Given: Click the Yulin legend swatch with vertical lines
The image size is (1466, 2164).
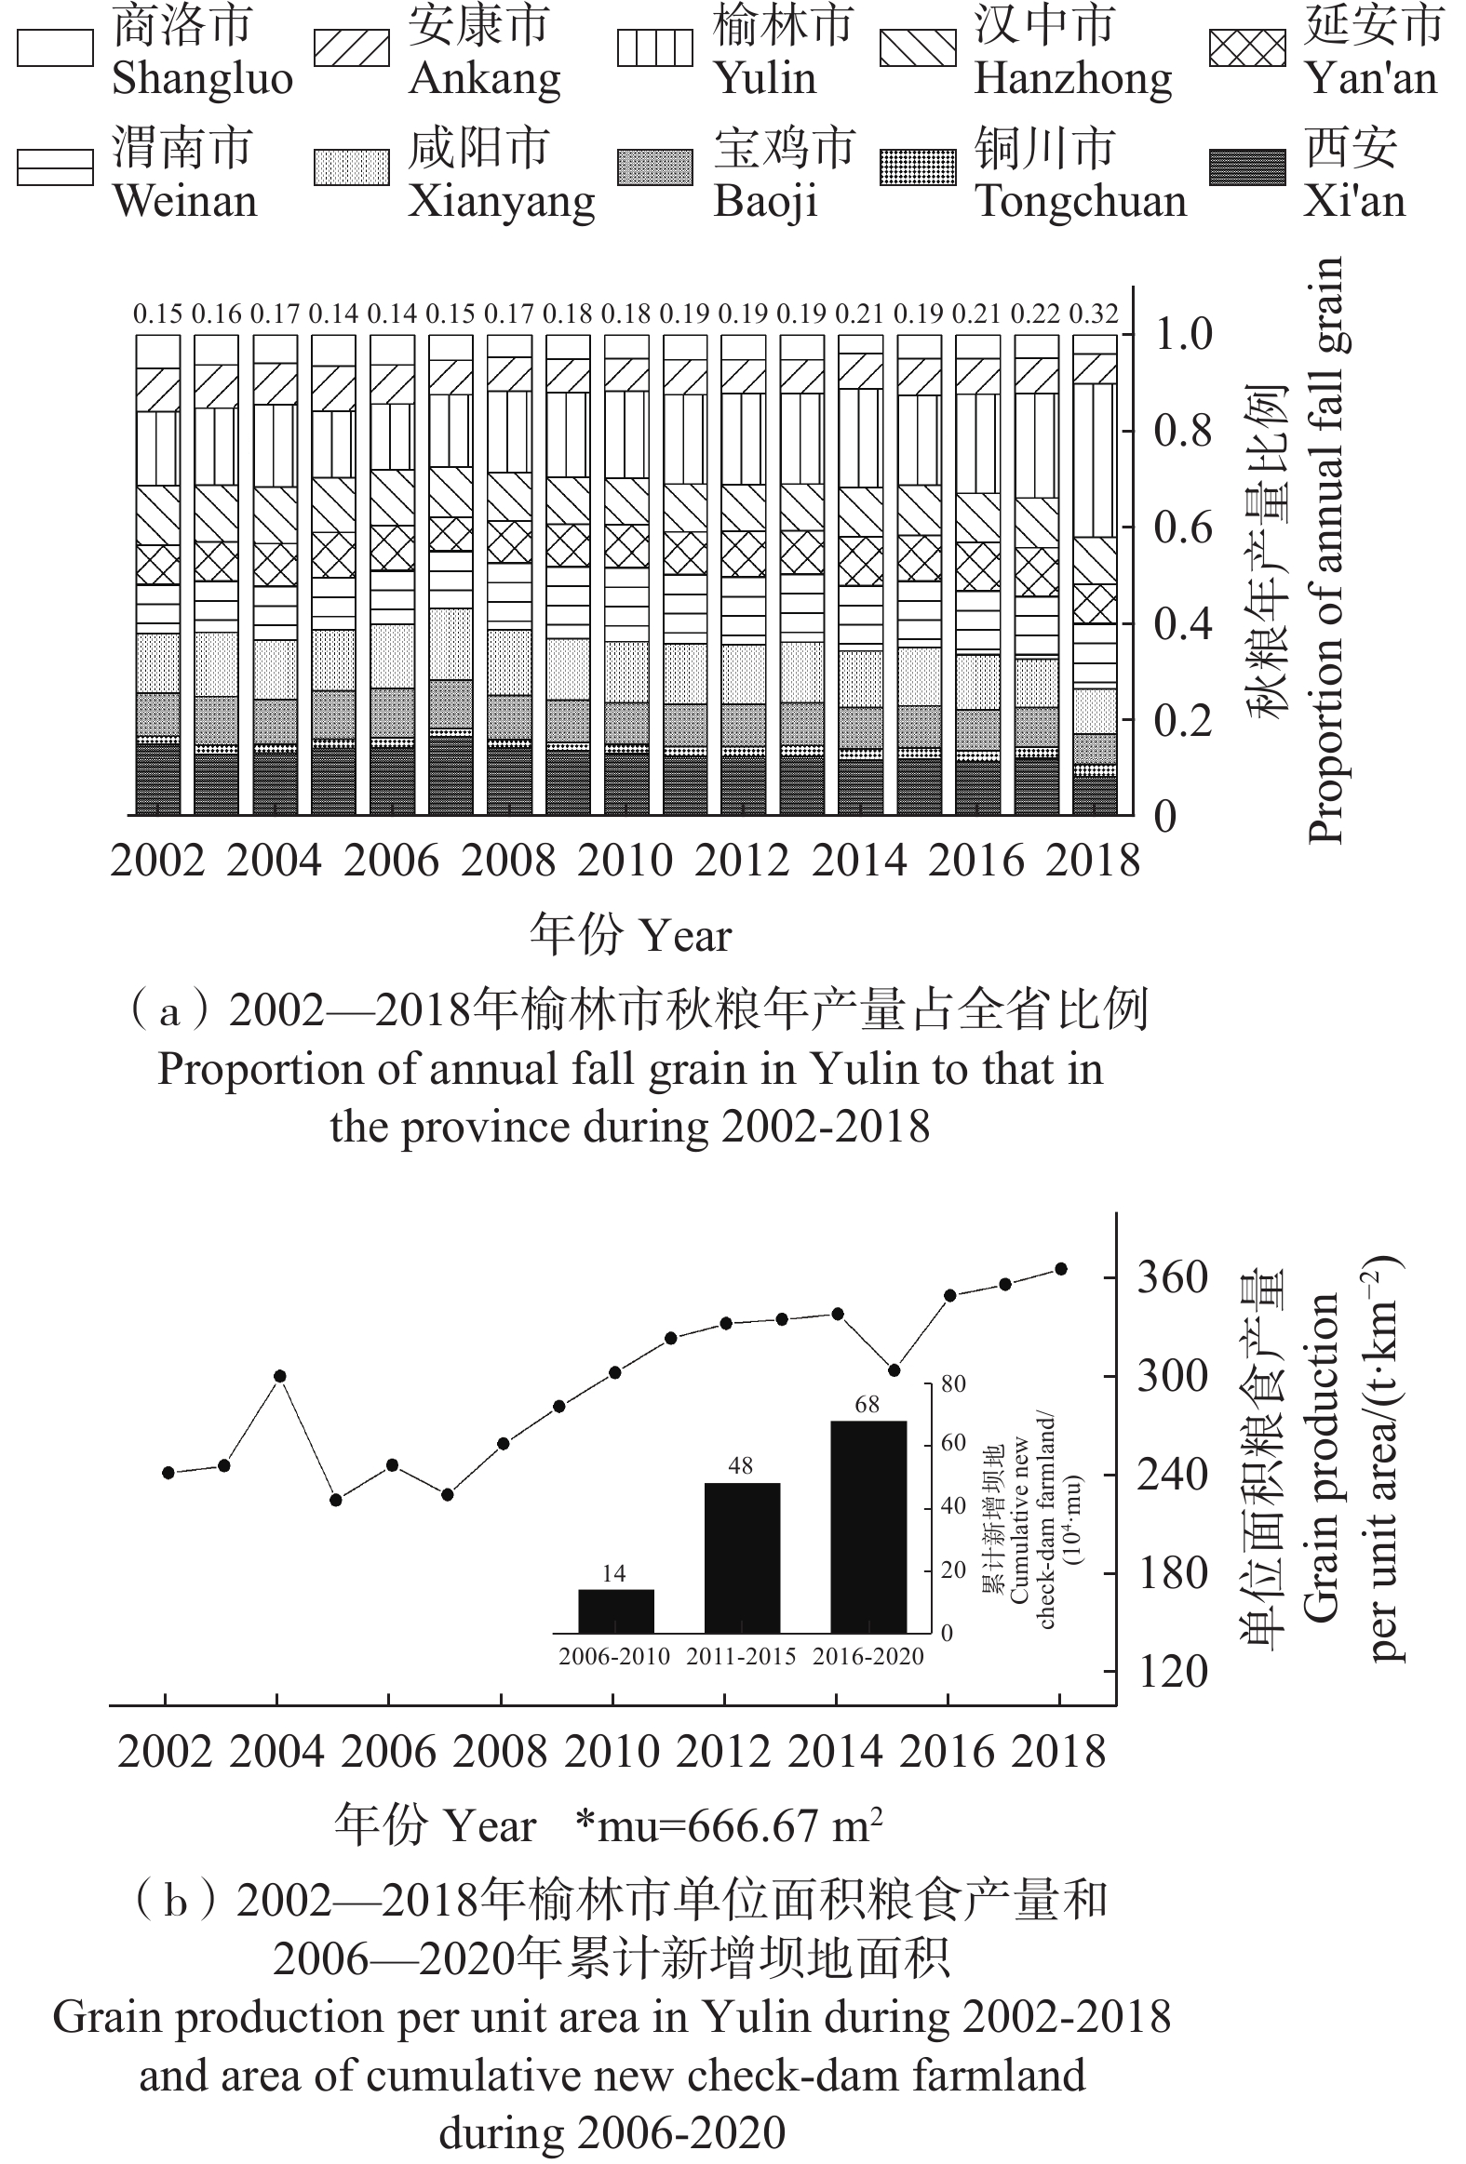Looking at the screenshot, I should tap(654, 48).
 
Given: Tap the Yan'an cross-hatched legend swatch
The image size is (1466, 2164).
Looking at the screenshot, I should tap(1247, 48).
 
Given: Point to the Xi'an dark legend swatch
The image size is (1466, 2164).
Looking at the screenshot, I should tap(1247, 167).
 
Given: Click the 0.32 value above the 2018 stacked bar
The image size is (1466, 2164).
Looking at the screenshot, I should tap(1094, 314).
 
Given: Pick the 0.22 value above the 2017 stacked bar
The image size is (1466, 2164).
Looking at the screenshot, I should tap(1035, 314).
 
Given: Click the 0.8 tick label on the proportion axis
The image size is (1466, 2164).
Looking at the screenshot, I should tap(1183, 431).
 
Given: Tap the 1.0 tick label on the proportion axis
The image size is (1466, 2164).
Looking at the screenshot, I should tap(1183, 334).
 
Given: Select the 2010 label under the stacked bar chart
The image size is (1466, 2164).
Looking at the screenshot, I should tap(625, 861).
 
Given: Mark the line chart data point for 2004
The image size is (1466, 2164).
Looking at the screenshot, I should tap(279, 1376).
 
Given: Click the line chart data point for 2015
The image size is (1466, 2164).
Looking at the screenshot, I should tap(894, 1370).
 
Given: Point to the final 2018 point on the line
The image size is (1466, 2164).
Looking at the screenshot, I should tap(1061, 1269).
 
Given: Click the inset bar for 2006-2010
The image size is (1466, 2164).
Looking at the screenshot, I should tap(615, 1610).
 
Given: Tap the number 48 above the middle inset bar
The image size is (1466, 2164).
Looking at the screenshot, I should tap(741, 1466).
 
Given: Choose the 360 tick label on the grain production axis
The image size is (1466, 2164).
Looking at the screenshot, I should tap(1173, 1277).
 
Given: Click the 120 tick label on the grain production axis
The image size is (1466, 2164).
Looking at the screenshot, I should tap(1173, 1673).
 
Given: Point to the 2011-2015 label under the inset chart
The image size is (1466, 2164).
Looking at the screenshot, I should tap(742, 1657).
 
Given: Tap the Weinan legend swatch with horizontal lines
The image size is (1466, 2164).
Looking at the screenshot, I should tap(55, 167).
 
